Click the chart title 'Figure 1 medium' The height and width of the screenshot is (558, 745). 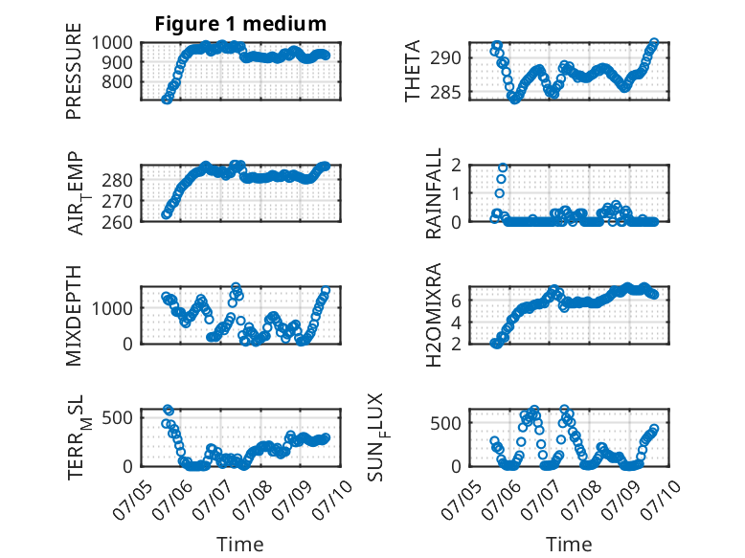point(240,24)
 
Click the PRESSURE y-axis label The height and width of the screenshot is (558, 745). point(74,71)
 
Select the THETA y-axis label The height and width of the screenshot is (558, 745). point(413,71)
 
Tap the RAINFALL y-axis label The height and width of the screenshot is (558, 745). point(434,193)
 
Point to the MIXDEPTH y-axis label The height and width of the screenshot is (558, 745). point(74,316)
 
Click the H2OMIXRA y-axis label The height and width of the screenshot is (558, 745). point(434,315)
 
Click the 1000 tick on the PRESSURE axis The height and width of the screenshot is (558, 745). point(112,43)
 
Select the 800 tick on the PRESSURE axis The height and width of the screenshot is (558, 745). point(117,81)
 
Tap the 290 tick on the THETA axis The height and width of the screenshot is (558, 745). point(445,58)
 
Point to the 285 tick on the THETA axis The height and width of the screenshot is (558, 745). point(445,92)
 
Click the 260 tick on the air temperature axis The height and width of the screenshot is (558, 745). point(117,222)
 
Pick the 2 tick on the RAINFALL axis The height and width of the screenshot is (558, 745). point(456,166)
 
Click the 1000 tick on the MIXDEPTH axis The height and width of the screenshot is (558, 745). point(112,308)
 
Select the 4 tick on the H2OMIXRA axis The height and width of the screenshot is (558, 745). point(456,322)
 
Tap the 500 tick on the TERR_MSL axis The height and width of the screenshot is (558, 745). point(117,418)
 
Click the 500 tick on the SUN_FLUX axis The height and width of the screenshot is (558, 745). point(445,423)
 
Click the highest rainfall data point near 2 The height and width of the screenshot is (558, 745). point(503,167)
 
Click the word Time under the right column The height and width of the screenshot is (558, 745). point(569,545)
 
